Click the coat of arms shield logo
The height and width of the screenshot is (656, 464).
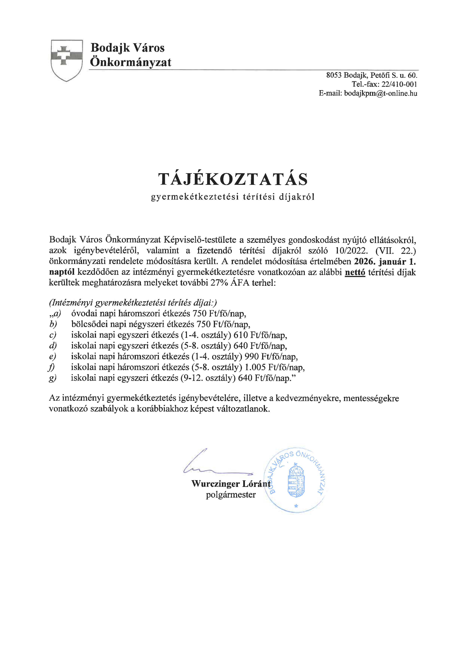pyautogui.click(x=67, y=60)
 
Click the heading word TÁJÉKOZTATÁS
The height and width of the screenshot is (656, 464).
pyautogui.click(x=233, y=179)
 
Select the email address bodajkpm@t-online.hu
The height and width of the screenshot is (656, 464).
pyautogui.click(x=380, y=93)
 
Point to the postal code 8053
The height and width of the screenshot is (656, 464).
pyautogui.click(x=334, y=75)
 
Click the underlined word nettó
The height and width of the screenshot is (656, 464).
pyautogui.click(x=355, y=272)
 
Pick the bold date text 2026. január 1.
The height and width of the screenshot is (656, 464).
pyautogui.click(x=384, y=262)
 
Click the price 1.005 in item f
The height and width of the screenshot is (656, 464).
pyautogui.click(x=255, y=367)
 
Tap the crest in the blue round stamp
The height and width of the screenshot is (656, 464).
pyautogui.click(x=296, y=481)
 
